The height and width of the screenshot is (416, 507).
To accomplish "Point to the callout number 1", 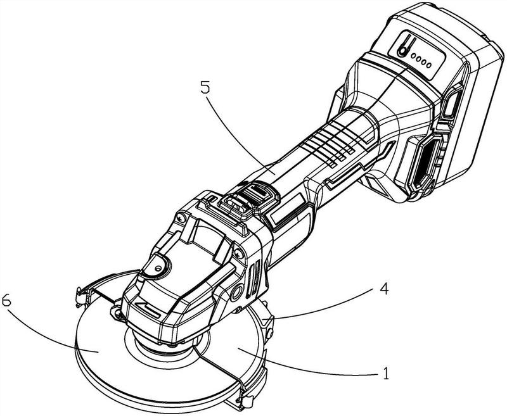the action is [385, 373].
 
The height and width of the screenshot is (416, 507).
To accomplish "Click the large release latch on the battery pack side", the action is [426, 163].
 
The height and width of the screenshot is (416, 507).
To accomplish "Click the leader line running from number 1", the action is [307, 364].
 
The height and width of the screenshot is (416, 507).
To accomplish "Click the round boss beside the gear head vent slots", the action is [238, 293].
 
